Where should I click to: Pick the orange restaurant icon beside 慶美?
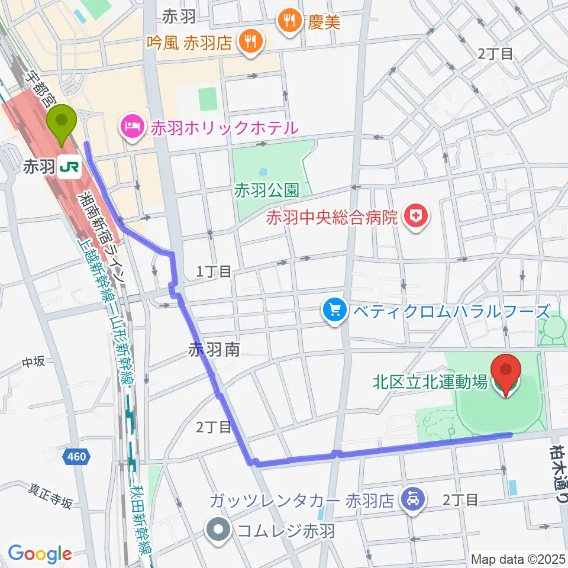tap(289, 21)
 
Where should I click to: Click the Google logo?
tap(40, 554)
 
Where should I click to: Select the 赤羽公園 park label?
tap(265, 190)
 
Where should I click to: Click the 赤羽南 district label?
tap(214, 350)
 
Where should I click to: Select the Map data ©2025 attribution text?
tap(519, 559)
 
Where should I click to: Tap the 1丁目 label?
tap(215, 272)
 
